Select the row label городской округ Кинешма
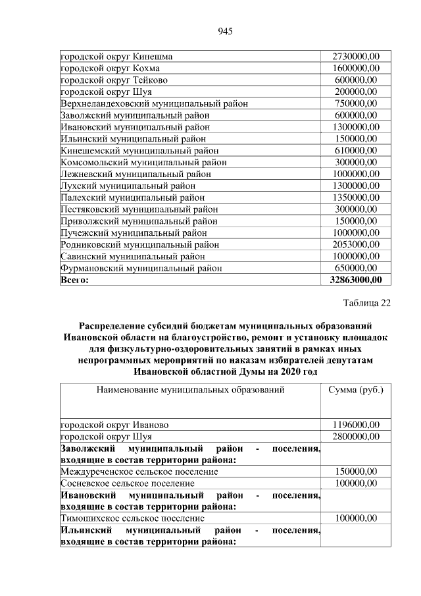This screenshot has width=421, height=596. pyautogui.click(x=116, y=57)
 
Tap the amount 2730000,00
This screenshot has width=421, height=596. pyautogui.click(x=356, y=57)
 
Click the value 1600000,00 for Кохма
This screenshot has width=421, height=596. pyautogui.click(x=356, y=68)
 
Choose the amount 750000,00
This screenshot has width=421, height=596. pyautogui.click(x=356, y=104)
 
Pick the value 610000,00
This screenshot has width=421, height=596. pyautogui.click(x=356, y=151)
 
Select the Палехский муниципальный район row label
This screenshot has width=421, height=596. pyautogui.click(x=132, y=198)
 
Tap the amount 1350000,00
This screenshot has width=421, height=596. pyautogui.click(x=356, y=198)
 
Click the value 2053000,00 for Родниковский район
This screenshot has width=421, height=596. pyautogui.click(x=356, y=244)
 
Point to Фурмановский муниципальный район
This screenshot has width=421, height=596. pyautogui.click(x=141, y=268)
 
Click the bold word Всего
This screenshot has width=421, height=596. pyautogui.click(x=74, y=280)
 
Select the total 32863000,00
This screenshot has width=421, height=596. pyautogui.click(x=356, y=280)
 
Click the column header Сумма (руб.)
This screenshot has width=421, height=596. pyautogui.click(x=356, y=390)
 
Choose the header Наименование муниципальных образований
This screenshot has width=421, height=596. pyautogui.click(x=190, y=390)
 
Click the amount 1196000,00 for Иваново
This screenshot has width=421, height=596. pyautogui.click(x=356, y=425)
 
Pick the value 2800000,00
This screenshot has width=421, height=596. pyautogui.click(x=356, y=437)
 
